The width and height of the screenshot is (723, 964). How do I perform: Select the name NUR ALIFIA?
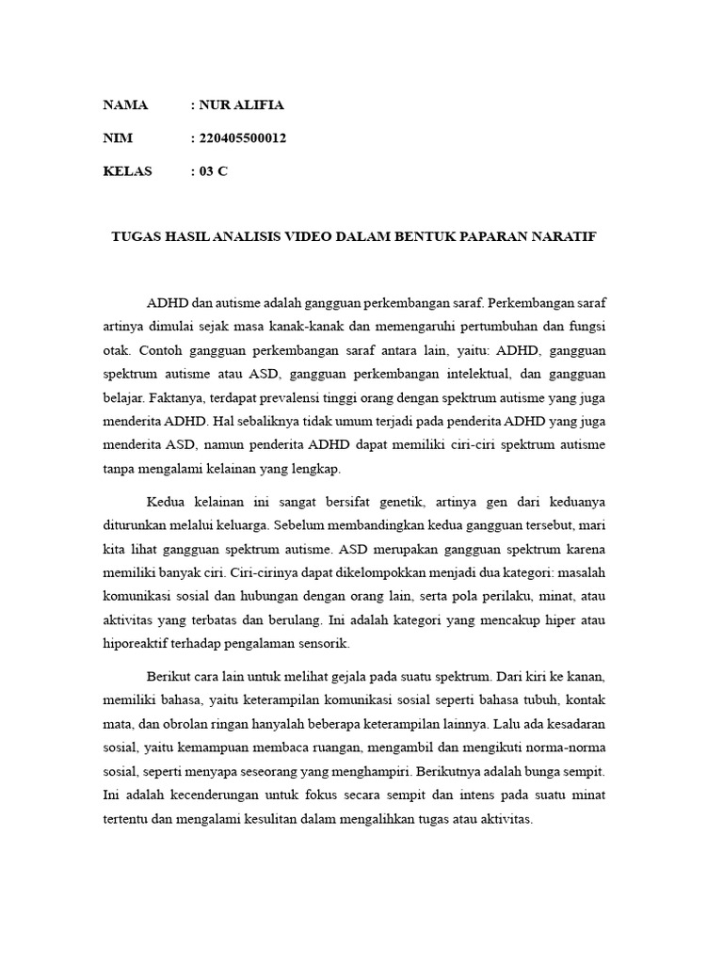coord(240,104)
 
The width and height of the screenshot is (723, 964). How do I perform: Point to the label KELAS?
coord(127,171)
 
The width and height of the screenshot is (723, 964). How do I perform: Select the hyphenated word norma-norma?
coord(565,747)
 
